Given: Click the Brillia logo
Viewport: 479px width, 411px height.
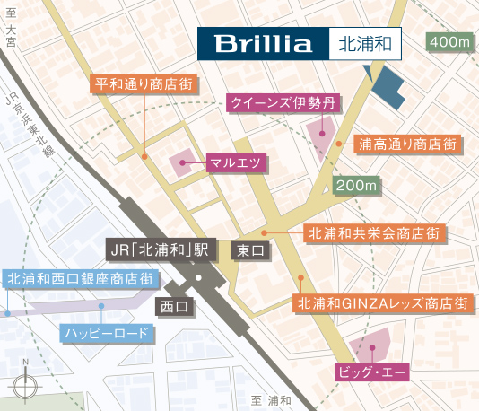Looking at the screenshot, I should pyautogui.click(x=262, y=43).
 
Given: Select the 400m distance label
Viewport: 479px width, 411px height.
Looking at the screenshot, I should pyautogui.click(x=450, y=43).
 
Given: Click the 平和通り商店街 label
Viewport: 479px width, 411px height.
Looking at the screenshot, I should pyautogui.click(x=145, y=85).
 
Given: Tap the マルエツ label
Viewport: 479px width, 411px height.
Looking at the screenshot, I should pyautogui.click(x=235, y=162).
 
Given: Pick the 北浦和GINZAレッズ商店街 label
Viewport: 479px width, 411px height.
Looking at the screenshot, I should pyautogui.click(x=382, y=302).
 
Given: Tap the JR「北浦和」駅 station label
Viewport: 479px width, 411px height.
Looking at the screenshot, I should pyautogui.click(x=157, y=249).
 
